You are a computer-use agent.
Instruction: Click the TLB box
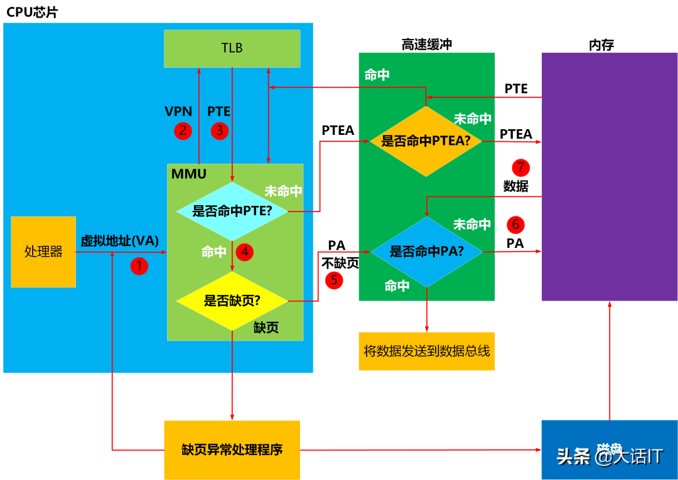[x=232, y=48]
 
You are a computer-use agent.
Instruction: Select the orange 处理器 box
[x=43, y=252]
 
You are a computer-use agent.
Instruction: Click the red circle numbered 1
[x=139, y=266]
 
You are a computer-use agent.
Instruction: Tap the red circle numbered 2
[x=183, y=131]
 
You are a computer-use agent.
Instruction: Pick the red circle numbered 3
[x=219, y=131]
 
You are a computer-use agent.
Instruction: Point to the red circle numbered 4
[x=244, y=252]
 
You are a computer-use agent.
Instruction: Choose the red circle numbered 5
[x=334, y=280]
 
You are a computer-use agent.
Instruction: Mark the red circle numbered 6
[x=515, y=224]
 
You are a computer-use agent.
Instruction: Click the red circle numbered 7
[x=520, y=168]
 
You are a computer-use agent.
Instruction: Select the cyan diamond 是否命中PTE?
[x=232, y=211]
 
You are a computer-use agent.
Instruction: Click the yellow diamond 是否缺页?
[x=232, y=301]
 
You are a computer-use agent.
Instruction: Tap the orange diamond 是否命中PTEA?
[x=426, y=141]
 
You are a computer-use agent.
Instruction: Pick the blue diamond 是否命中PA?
[x=426, y=252]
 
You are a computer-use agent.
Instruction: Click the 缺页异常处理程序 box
[x=232, y=450]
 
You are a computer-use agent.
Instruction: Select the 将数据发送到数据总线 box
[x=426, y=351]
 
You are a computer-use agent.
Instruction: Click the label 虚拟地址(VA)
[x=119, y=241]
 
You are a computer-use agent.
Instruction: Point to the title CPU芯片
[x=32, y=12]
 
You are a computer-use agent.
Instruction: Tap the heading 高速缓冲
[x=426, y=44]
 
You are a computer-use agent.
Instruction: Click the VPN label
[x=178, y=112]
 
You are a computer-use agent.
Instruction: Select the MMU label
[x=188, y=174]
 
